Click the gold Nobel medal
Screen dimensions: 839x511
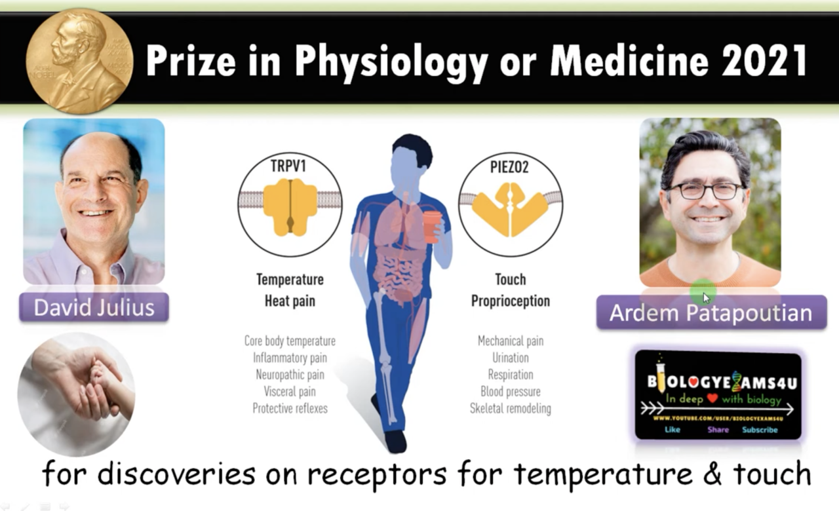(79, 61)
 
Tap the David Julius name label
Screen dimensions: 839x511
(94, 307)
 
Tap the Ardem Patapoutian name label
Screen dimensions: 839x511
(711, 312)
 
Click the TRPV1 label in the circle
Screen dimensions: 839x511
(288, 166)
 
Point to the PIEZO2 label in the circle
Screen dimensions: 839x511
(509, 167)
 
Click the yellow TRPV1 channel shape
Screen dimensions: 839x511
(290, 208)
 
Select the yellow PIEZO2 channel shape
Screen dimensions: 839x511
(510, 210)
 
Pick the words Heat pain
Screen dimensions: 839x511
(290, 301)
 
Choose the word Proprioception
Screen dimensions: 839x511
(511, 301)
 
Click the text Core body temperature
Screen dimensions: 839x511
(290, 341)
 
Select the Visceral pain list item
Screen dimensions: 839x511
(290, 392)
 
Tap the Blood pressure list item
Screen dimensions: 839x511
(511, 392)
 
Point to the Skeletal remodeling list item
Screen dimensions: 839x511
(511, 408)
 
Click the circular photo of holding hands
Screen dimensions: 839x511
(77, 394)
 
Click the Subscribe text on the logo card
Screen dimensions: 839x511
(760, 430)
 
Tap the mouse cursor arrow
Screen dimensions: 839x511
(706, 298)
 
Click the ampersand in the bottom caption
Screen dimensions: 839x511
(712, 474)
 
